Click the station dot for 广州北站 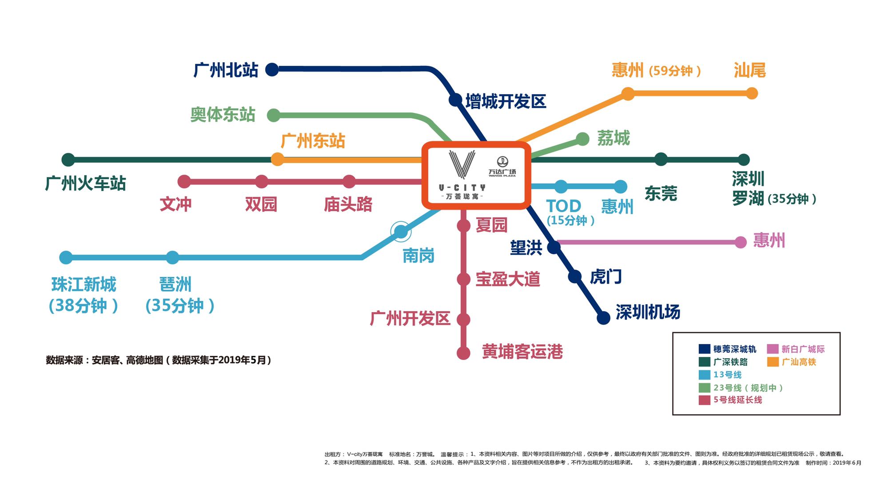pyautogui.click(x=272, y=69)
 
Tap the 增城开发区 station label pyautogui.click(x=506, y=101)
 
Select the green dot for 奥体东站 pyautogui.click(x=274, y=115)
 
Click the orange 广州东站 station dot pyautogui.click(x=277, y=159)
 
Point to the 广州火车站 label pyautogui.click(x=85, y=183)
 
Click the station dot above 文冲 pyautogui.click(x=184, y=181)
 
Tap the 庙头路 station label pyautogui.click(x=348, y=204)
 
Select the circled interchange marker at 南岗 pyautogui.click(x=401, y=232)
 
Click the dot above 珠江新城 pyautogui.click(x=66, y=257)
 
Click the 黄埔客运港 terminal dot pyautogui.click(x=463, y=353)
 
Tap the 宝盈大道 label pyautogui.click(x=508, y=279)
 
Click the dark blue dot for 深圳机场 pyautogui.click(x=603, y=318)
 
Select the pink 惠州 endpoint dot pyautogui.click(x=741, y=242)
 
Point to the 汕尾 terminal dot pyautogui.click(x=752, y=93)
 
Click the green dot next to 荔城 pyautogui.click(x=582, y=139)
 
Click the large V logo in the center pyautogui.click(x=462, y=164)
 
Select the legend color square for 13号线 pyautogui.click(x=704, y=375)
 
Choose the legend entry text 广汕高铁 pyautogui.click(x=799, y=362)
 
